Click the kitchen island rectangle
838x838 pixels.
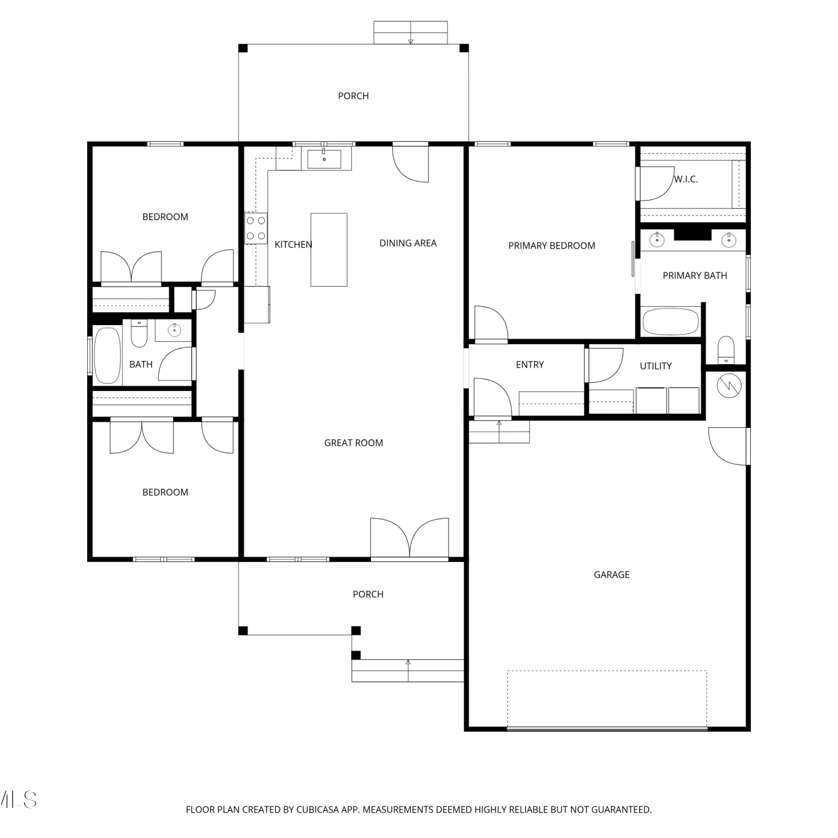[x=329, y=250]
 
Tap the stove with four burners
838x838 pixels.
[x=256, y=228]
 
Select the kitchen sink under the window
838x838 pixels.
[x=324, y=159]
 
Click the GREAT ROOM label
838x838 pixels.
[x=354, y=443]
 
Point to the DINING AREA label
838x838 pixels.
[x=408, y=243]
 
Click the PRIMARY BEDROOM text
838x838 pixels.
[x=552, y=246]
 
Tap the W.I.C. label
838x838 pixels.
[x=686, y=179]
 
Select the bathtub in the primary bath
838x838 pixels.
[x=671, y=322]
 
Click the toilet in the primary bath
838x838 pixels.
[x=726, y=350]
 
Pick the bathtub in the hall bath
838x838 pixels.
[x=107, y=356]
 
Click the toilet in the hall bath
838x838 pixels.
[x=139, y=334]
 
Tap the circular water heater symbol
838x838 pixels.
[x=729, y=385]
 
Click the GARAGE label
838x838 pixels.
[x=612, y=575]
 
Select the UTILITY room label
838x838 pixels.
[x=656, y=366]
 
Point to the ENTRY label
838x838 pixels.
[x=530, y=365]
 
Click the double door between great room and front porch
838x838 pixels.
[x=410, y=539]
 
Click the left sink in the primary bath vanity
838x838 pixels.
[x=658, y=240]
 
